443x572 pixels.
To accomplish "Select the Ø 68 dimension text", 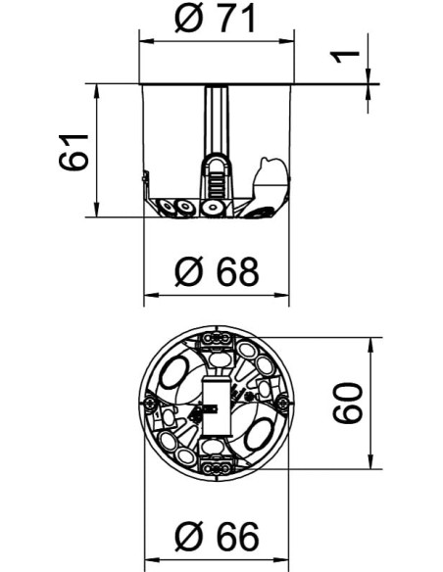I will (218, 271).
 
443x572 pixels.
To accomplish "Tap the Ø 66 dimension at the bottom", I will (218, 536).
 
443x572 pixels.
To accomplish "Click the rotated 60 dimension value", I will (348, 404).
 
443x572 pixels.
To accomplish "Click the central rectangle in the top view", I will (217, 403).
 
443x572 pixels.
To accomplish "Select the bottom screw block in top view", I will (218, 467).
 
